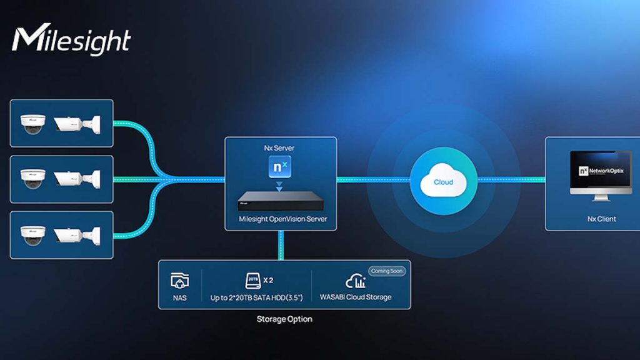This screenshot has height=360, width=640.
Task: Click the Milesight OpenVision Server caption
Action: [x=281, y=219]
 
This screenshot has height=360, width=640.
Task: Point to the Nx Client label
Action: [x=593, y=219]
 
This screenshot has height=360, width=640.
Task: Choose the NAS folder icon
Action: [x=179, y=281]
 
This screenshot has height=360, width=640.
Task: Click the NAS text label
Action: [x=179, y=297]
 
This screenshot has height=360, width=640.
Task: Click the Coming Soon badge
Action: [x=387, y=271]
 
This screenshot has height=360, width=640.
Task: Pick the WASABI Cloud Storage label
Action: [x=356, y=297]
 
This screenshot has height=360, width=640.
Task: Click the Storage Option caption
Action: [x=284, y=319]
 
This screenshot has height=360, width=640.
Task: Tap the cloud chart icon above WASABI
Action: [x=356, y=281]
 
